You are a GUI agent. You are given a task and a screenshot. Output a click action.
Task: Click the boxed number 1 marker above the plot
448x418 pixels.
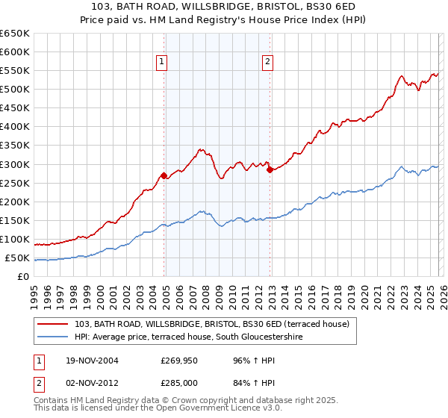point(162,63)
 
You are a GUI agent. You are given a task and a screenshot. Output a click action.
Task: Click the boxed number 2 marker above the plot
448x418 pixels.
point(267,63)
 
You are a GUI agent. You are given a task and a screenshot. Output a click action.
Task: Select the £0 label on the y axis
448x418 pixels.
point(23,277)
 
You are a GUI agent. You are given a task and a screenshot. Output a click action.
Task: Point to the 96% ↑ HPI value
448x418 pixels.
point(247,360)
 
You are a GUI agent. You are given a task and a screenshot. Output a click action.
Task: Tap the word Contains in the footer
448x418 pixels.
point(50,402)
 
